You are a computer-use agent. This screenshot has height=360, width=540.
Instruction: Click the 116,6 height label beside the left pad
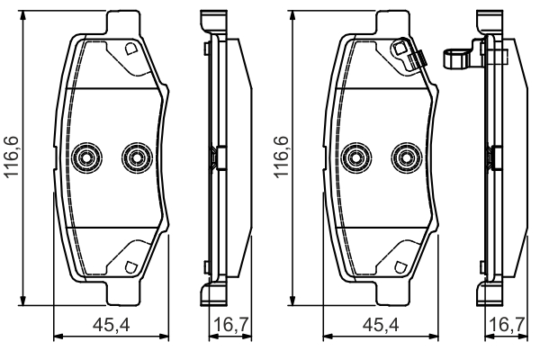pyautogui.click(x=11, y=157)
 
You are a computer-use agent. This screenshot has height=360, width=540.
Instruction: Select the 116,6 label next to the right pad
pyautogui.click(x=281, y=157)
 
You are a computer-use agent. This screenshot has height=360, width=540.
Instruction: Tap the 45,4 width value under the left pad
pyautogui.click(x=112, y=325)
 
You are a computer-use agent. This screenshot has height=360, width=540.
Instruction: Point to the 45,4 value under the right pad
pyautogui.click(x=381, y=325)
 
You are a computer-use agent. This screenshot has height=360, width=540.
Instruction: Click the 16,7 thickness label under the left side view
pyautogui.click(x=231, y=325)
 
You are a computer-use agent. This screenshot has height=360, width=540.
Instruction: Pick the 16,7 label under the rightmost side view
pyautogui.click(x=506, y=325)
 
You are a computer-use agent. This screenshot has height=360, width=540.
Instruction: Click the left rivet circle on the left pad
pyautogui.click(x=86, y=157)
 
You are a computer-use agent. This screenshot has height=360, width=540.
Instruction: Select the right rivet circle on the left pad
pyautogui.click(x=137, y=157)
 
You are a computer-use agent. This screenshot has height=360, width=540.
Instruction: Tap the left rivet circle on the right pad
pyautogui.click(x=355, y=157)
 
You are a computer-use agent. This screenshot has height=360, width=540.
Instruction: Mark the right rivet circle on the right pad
pyautogui.click(x=407, y=157)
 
